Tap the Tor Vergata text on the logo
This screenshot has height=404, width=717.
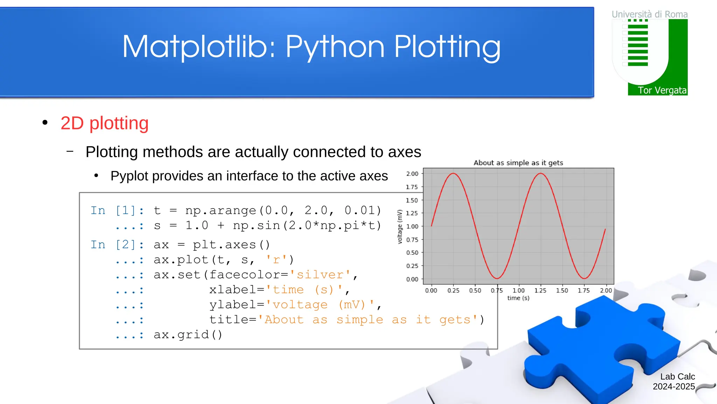pyautogui.click(x=662, y=90)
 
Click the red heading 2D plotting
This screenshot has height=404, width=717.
pyautogui.click(x=104, y=123)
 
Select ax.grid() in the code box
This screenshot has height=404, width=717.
pyautogui.click(x=188, y=335)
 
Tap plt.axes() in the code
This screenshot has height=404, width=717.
pyautogui.click(x=231, y=245)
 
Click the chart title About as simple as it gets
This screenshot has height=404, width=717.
pyautogui.click(x=518, y=163)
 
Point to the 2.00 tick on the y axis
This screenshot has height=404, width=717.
pyautogui.click(x=412, y=174)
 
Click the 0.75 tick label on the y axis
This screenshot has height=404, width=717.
pyautogui.click(x=412, y=240)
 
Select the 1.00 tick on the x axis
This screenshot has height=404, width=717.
pyautogui.click(x=518, y=290)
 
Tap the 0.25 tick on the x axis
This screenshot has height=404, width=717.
pyautogui.click(x=453, y=290)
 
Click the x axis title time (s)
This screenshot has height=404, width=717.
pyautogui.click(x=518, y=298)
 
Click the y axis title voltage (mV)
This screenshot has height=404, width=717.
pyautogui.click(x=400, y=227)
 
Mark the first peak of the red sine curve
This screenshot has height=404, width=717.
pyautogui.click(x=453, y=173)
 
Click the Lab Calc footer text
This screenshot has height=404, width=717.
pyautogui.click(x=677, y=377)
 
